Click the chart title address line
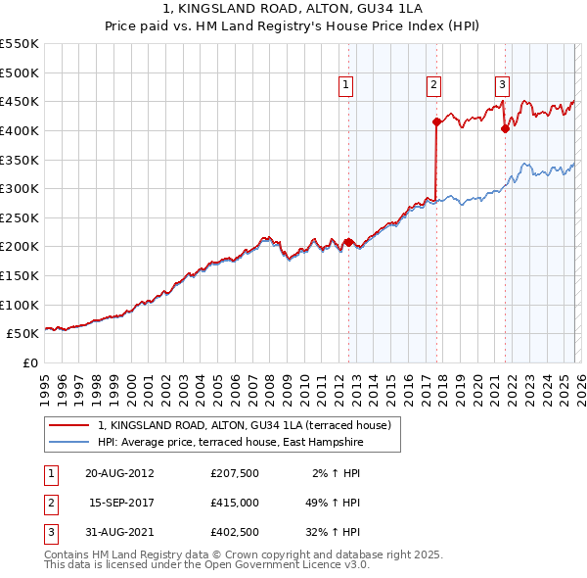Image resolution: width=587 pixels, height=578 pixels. click(x=294, y=9)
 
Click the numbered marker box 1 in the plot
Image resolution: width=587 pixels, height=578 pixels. click(x=347, y=86)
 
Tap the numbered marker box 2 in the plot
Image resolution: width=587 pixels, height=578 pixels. click(x=432, y=86)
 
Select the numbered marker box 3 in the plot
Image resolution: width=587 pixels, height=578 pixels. click(x=502, y=86)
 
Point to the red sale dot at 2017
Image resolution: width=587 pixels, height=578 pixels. click(x=435, y=121)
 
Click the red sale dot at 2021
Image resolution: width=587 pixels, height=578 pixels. click(x=505, y=128)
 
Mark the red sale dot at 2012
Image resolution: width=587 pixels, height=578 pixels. click(x=348, y=241)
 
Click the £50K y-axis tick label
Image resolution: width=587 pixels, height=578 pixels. click(x=23, y=333)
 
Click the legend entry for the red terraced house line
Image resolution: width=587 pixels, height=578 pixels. click(x=245, y=425)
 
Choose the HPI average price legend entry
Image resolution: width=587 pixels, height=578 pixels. click(x=230, y=443)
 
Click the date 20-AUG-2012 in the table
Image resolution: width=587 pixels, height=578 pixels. click(x=119, y=472)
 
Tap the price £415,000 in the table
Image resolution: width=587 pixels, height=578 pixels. click(x=234, y=504)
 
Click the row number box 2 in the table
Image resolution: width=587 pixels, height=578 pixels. click(x=48, y=504)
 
